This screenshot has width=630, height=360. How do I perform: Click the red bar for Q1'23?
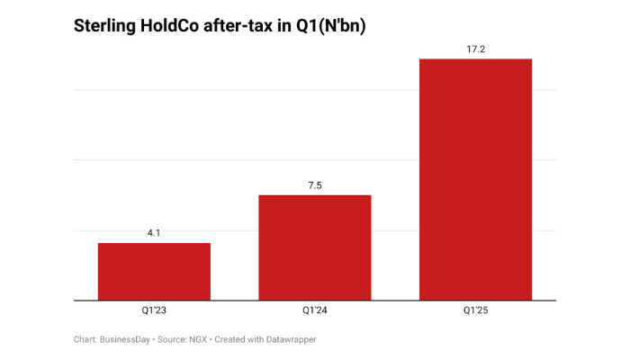click(x=154, y=271)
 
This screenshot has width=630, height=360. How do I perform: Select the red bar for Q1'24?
click(x=315, y=247)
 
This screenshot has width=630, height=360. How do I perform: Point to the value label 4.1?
click(x=154, y=233)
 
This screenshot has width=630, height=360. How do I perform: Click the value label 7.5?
click(x=315, y=185)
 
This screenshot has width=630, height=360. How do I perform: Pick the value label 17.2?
click(x=475, y=49)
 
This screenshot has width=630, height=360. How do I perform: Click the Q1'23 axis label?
click(x=154, y=310)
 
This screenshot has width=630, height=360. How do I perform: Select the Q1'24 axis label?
click(x=315, y=310)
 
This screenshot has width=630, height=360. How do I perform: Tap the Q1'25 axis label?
click(x=475, y=310)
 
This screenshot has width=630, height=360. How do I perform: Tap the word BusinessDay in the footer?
click(x=125, y=339)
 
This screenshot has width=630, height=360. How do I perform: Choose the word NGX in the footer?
click(x=199, y=339)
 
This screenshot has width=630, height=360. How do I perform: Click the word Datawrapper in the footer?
click(x=290, y=339)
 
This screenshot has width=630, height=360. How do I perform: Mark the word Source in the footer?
click(x=171, y=339)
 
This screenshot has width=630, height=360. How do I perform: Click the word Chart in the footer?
click(x=85, y=339)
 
